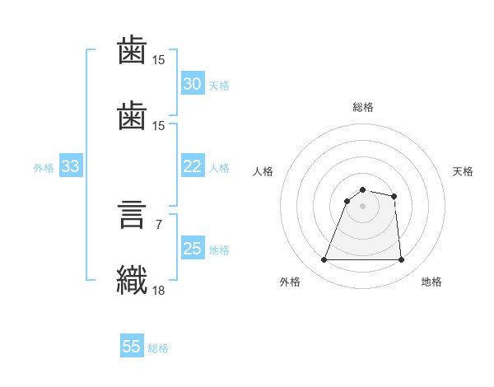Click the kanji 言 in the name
(x=132, y=215)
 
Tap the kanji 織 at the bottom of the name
(x=132, y=280)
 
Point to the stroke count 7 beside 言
(x=159, y=225)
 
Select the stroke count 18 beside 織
(x=158, y=290)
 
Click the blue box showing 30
(x=193, y=83)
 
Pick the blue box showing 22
(x=193, y=166)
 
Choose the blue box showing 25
(x=193, y=247)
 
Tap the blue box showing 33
(x=71, y=166)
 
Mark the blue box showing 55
(x=132, y=345)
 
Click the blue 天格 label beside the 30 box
(x=219, y=86)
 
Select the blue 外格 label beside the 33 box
(x=44, y=168)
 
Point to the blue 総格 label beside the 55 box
(x=158, y=348)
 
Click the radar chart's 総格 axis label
(x=363, y=107)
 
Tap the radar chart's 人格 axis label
(x=263, y=171)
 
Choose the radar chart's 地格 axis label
(x=431, y=282)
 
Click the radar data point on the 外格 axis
(x=324, y=259)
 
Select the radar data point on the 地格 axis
(x=401, y=259)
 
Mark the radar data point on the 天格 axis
(x=394, y=196)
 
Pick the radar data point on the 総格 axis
(x=362, y=189)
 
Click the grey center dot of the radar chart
(x=362, y=206)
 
